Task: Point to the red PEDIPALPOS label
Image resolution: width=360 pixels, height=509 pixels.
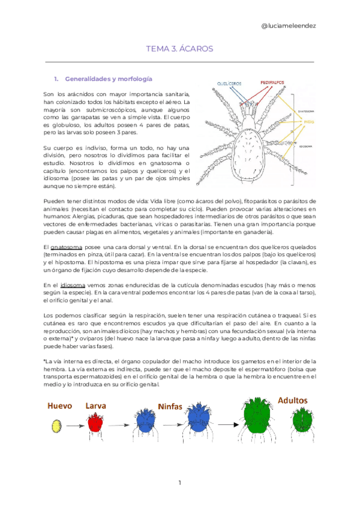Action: click(272, 81)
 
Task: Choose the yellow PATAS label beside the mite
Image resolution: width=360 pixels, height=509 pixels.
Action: click(310, 121)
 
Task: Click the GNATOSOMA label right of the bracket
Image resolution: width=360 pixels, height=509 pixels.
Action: click(307, 110)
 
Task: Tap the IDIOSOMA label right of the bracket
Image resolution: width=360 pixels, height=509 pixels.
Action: click(305, 146)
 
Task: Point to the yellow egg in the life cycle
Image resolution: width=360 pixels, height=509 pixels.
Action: click(57, 426)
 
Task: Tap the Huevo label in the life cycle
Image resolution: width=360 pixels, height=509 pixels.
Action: click(61, 406)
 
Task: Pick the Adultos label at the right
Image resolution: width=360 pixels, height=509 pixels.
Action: click(292, 400)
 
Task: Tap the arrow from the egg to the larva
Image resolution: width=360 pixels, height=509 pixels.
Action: click(74, 425)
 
